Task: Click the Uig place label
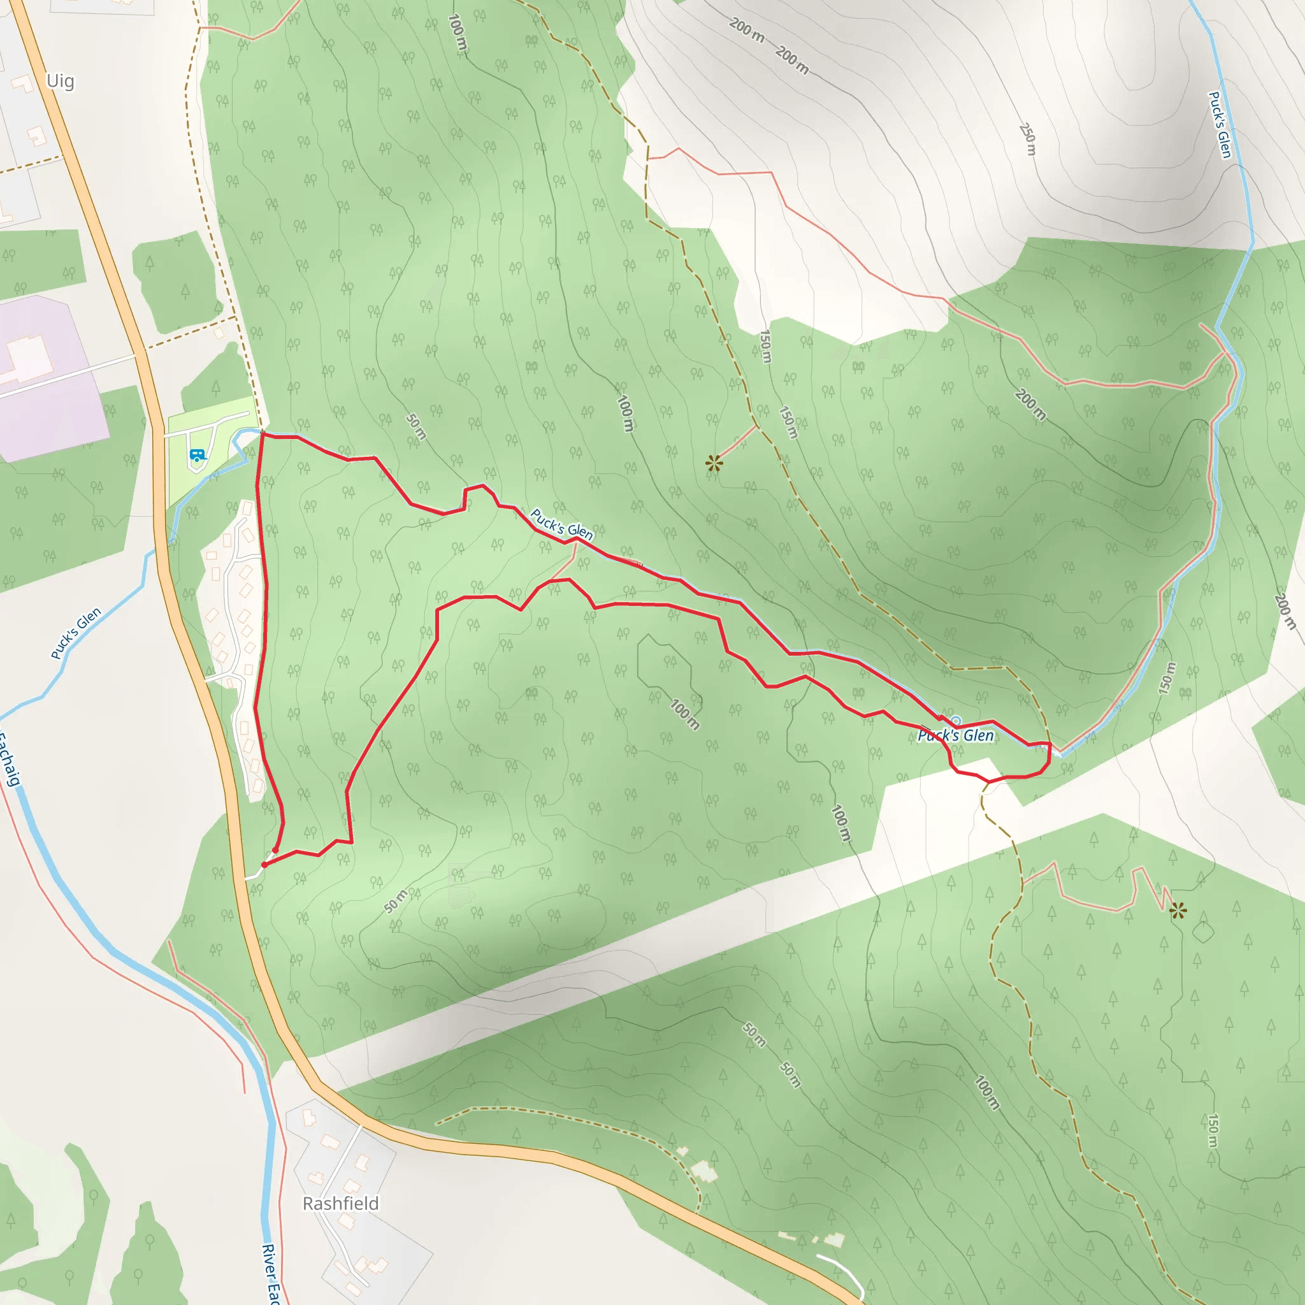coord(60,81)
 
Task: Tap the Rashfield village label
coord(340,1204)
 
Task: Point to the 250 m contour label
coord(1027,138)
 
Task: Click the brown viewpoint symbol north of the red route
coord(714,463)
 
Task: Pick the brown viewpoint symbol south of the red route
coord(1178,911)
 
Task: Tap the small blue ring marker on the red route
coord(955,721)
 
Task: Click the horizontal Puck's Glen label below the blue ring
coord(956,735)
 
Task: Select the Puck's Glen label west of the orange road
coord(76,633)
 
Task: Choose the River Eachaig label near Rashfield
coord(271,1273)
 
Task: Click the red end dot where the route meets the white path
coord(264,864)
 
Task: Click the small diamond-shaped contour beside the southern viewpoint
coord(1203,933)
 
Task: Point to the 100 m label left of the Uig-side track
coord(458,32)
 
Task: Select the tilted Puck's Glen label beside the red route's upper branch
coord(561,525)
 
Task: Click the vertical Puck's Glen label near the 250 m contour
coord(1219,125)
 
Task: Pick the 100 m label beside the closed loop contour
coord(685,714)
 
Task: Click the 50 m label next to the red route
coord(416,427)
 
